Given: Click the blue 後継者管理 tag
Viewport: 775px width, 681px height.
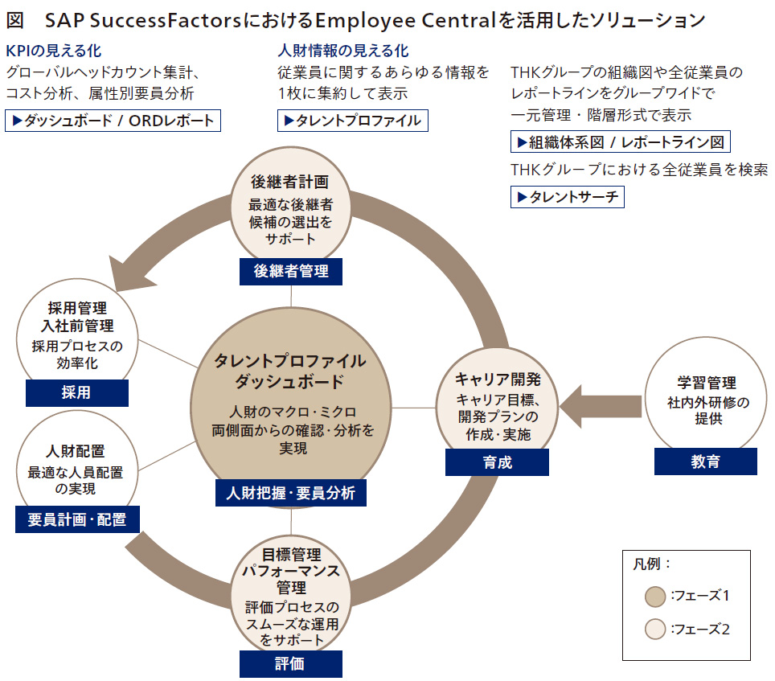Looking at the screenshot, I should [x=290, y=272].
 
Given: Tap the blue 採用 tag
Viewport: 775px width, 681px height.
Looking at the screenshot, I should [x=76, y=393].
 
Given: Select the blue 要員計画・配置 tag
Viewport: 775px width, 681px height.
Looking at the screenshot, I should [x=76, y=519].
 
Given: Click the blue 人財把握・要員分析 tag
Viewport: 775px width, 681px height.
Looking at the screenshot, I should [x=290, y=493].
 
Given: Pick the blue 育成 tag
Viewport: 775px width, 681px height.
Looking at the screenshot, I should [x=497, y=462].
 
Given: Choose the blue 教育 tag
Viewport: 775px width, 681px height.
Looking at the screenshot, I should [x=705, y=462].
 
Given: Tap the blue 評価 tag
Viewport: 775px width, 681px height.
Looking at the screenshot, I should [x=290, y=664].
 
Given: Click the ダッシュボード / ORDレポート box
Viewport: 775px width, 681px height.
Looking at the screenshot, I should [x=113, y=121].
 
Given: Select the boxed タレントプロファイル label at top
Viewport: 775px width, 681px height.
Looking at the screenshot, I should [x=352, y=121].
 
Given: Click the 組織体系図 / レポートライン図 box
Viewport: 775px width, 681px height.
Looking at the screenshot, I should [x=620, y=142].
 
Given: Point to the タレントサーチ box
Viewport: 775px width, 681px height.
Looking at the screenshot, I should [x=567, y=196].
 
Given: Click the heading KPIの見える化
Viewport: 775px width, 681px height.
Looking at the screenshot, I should [x=53, y=51].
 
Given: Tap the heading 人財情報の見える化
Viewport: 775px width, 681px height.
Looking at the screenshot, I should [x=342, y=51].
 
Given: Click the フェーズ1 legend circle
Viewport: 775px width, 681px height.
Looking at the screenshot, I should [x=655, y=597].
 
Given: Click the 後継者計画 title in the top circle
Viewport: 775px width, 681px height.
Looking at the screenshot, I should [x=290, y=183].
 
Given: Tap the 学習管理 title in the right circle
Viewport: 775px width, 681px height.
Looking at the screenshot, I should [x=705, y=384].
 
